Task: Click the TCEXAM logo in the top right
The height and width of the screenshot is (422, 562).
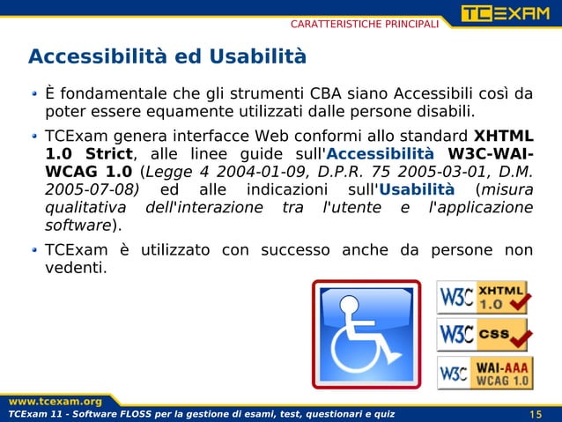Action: [509, 15]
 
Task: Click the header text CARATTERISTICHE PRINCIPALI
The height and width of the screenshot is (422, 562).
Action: [365, 22]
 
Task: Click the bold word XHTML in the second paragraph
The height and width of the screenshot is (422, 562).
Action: [503, 137]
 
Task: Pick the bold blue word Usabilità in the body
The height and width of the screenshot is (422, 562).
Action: [416, 189]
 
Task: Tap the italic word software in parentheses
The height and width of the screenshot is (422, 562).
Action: [78, 226]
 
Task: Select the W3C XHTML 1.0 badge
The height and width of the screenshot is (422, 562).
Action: [484, 297]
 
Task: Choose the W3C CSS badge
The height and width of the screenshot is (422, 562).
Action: [484, 335]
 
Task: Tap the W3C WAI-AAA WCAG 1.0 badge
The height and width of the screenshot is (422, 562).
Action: [484, 373]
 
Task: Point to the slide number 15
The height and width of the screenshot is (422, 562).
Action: [536, 415]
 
